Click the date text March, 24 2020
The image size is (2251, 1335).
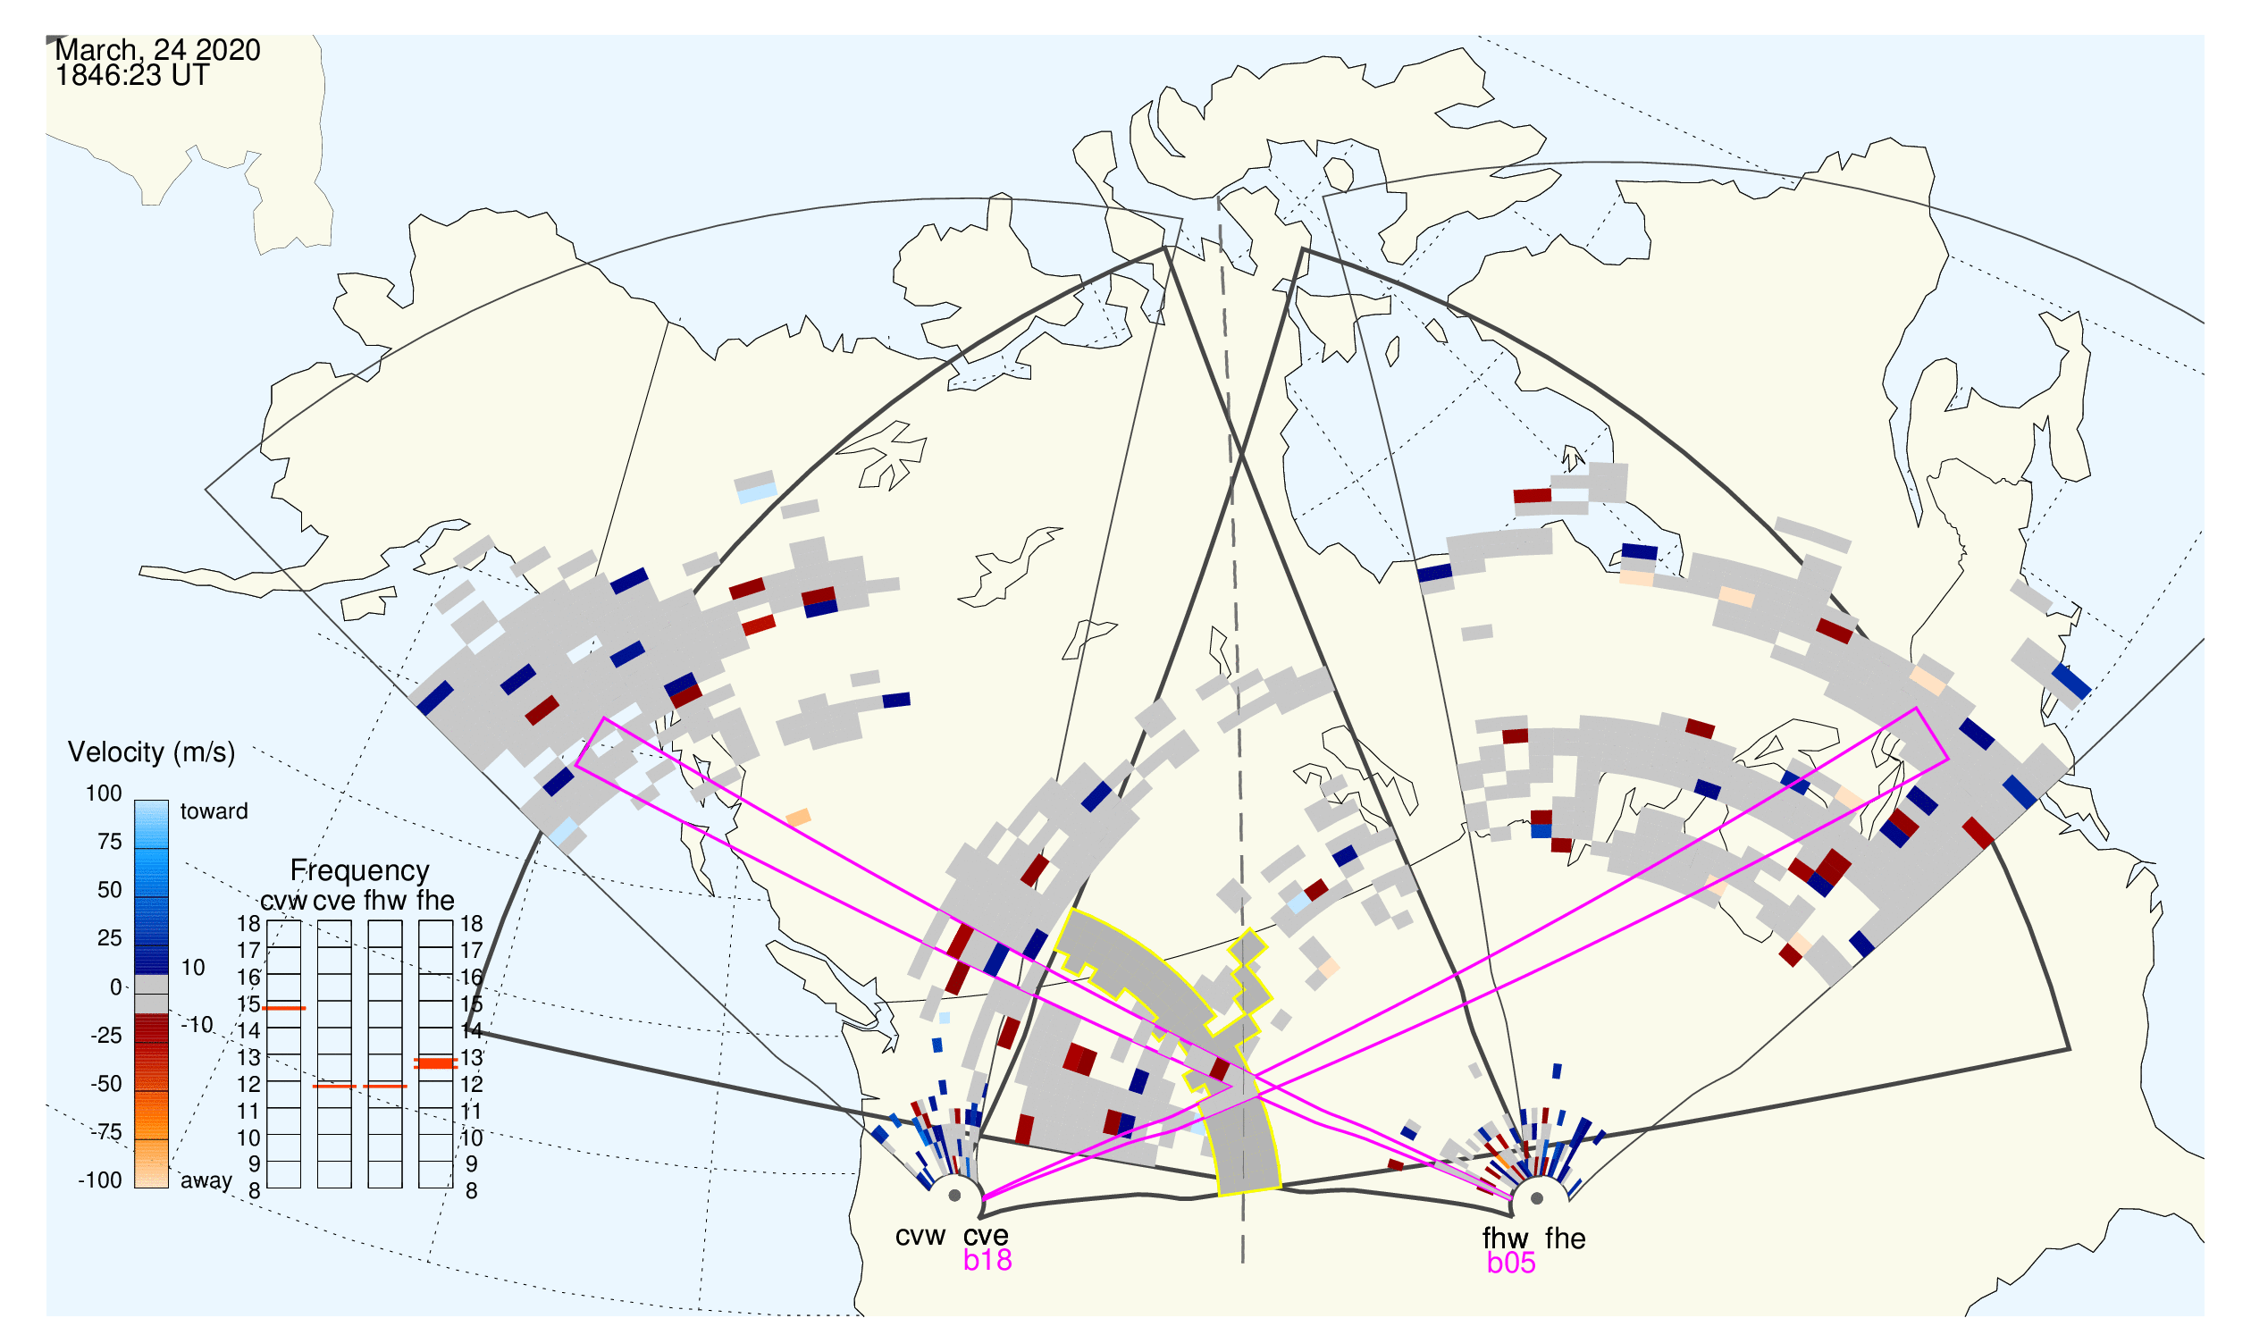tap(157, 50)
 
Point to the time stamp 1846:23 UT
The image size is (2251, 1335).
tap(132, 76)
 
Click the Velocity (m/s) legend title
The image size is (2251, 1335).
tap(151, 753)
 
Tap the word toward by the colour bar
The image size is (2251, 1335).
tap(214, 811)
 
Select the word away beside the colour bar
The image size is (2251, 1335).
tap(206, 1181)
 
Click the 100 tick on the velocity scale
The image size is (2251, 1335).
tap(104, 793)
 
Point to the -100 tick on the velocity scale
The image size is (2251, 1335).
tap(99, 1180)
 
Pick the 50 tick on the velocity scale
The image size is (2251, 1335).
tap(109, 890)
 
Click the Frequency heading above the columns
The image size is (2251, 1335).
tap(360, 872)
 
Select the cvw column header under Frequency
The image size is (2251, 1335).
tap(283, 902)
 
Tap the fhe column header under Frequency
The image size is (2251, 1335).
tap(435, 901)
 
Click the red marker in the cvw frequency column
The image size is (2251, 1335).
tap(283, 1009)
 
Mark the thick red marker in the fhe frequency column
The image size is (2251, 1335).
tap(435, 1063)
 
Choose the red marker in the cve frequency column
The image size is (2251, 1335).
tap(335, 1087)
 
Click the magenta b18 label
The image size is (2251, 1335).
tap(987, 1260)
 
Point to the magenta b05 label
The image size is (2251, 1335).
tap(1511, 1264)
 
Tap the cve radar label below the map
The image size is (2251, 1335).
tap(986, 1236)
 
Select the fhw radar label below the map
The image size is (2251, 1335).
tap(1505, 1238)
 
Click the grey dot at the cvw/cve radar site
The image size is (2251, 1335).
tap(954, 1196)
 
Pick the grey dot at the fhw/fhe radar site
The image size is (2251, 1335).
tap(1538, 1199)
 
